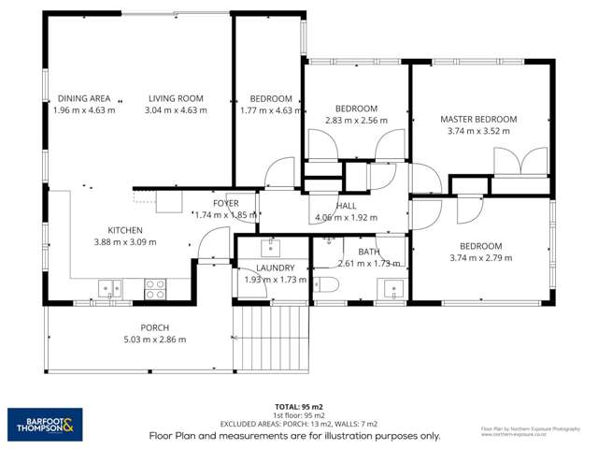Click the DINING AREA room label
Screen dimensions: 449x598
point(84,98)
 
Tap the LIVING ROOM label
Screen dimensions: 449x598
point(175,98)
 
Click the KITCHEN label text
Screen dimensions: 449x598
point(125,230)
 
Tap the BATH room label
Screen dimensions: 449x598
point(369,252)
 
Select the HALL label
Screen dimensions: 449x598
point(347,206)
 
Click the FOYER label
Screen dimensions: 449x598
point(225,203)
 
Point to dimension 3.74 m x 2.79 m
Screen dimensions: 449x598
point(481,257)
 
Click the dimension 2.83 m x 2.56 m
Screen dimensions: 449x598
point(356,120)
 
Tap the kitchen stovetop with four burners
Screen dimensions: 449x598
point(155,289)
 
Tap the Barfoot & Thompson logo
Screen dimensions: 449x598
point(45,425)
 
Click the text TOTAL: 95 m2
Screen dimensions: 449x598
point(298,407)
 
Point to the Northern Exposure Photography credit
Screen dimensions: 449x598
point(536,431)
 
